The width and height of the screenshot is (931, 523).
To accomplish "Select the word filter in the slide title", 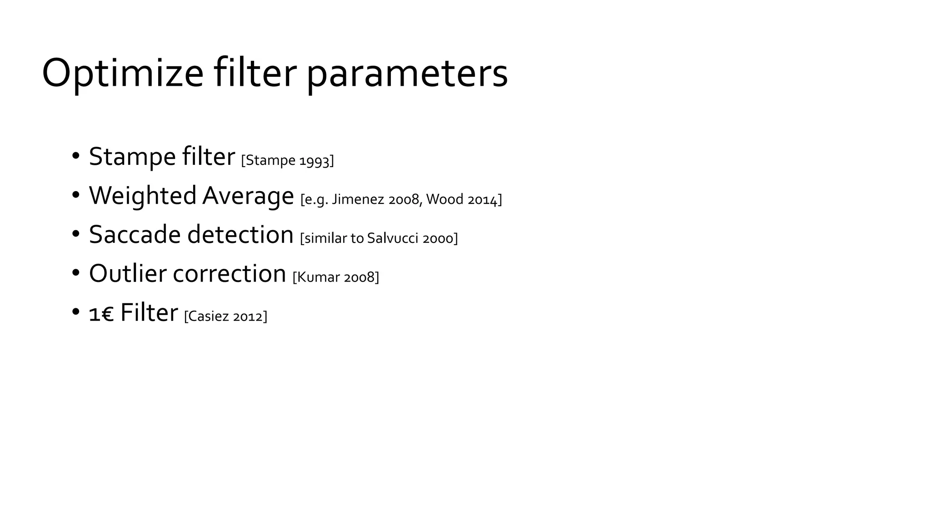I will (x=255, y=73).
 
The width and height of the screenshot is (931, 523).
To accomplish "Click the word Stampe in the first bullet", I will (x=132, y=157).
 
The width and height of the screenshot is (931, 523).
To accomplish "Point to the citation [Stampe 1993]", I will (x=287, y=160).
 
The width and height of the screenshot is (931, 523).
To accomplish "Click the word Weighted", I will (x=142, y=196).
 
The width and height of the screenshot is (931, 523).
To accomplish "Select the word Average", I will (x=248, y=196).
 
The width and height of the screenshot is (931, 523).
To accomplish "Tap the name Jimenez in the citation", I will (x=358, y=199).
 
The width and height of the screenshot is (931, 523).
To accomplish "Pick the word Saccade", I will (x=135, y=235).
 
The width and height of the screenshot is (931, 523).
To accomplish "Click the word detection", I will (x=240, y=235).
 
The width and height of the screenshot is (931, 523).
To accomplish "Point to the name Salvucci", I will (x=392, y=238).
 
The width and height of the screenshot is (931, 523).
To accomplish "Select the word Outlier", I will (x=127, y=274).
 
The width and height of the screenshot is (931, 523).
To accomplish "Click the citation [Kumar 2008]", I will (x=335, y=277).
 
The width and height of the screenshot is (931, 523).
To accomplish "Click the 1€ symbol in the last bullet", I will (x=101, y=314).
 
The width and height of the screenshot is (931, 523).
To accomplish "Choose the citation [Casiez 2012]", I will (x=225, y=316).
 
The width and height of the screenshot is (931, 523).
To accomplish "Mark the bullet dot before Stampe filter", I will (x=76, y=156).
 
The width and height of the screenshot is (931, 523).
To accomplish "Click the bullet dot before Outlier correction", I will (x=76, y=273).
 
